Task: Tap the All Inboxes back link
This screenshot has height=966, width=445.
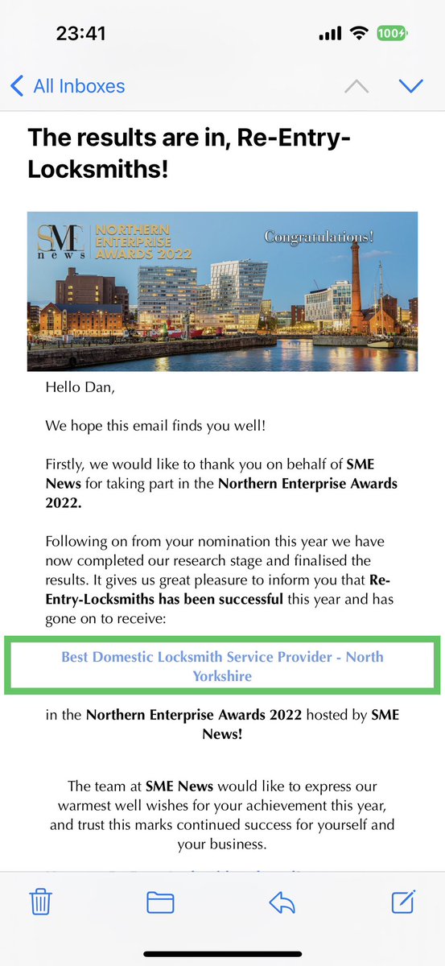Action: click(x=68, y=85)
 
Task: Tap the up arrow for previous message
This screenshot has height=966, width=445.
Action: click(x=356, y=85)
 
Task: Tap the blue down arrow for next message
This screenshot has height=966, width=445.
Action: click(x=410, y=85)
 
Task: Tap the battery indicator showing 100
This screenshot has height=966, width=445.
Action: click(x=392, y=34)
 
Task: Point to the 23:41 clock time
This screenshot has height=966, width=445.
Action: click(x=81, y=34)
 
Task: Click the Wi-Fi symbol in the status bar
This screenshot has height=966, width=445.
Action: click(x=357, y=34)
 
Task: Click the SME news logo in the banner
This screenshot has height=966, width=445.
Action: click(x=60, y=242)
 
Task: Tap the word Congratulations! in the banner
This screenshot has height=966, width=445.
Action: click(x=319, y=237)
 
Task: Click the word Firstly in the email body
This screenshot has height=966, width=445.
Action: click(x=69, y=464)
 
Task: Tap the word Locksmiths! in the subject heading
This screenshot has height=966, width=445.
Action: click(x=99, y=170)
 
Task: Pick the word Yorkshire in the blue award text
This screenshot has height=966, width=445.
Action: click(x=222, y=676)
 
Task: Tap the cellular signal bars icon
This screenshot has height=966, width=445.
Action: click(x=330, y=34)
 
